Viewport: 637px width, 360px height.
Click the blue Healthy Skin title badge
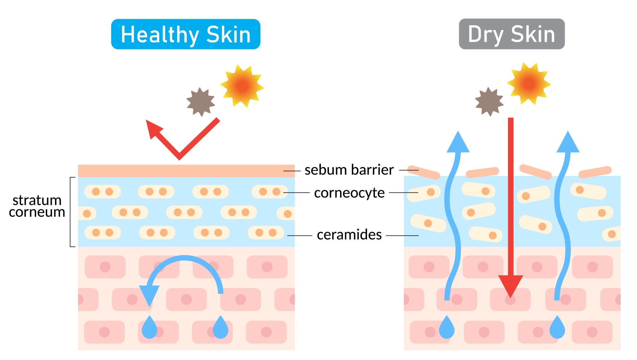coord(185,34)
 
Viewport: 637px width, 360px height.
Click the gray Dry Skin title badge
coord(512,34)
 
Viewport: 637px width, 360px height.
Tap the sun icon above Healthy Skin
coord(242,86)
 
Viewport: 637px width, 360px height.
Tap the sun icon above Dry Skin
coord(529,83)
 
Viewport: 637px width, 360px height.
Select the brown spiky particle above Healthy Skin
coord(200,102)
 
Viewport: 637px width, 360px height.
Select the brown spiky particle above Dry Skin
coord(489,102)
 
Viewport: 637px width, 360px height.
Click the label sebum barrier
coord(349,170)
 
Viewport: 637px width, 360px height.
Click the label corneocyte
coord(349,193)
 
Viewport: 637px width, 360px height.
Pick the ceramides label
coord(349,235)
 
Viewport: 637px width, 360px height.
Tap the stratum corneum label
coord(37,206)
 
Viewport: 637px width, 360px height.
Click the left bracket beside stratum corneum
coord(72,212)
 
